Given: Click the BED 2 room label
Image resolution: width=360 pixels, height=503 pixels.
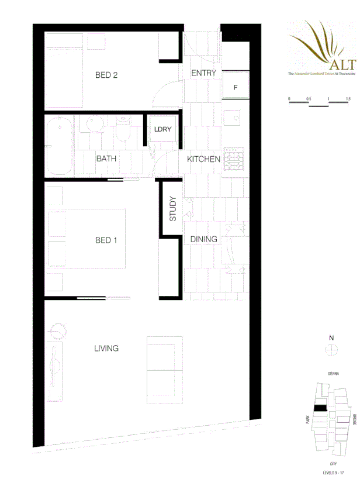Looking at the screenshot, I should pos(107,75).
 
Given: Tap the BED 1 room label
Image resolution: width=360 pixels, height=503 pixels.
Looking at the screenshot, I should pos(107,240).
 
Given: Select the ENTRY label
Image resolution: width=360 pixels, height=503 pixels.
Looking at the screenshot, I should pos(204,73).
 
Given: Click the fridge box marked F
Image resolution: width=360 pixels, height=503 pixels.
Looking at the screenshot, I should pos(236,88).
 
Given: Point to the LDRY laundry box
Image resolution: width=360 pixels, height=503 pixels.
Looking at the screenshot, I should pos(162,129).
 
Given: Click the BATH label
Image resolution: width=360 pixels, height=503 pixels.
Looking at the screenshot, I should pos(106,159).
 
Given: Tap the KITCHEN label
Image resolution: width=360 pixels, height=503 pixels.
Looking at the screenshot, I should pos(203,159).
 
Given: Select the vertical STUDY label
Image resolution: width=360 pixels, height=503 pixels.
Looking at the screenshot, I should pos(173,209).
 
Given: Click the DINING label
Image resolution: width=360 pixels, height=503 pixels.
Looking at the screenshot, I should pos(204,239).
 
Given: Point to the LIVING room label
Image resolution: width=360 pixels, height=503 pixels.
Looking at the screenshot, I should pos(106,349).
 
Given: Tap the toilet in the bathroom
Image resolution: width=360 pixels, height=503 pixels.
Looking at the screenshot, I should pos(122,129).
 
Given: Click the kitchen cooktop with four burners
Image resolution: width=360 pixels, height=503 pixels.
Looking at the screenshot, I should pos(235,159).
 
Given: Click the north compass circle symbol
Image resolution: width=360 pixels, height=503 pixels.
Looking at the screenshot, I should pos(331,350).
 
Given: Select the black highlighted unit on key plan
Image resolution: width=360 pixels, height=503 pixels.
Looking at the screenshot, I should pos(319,409).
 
